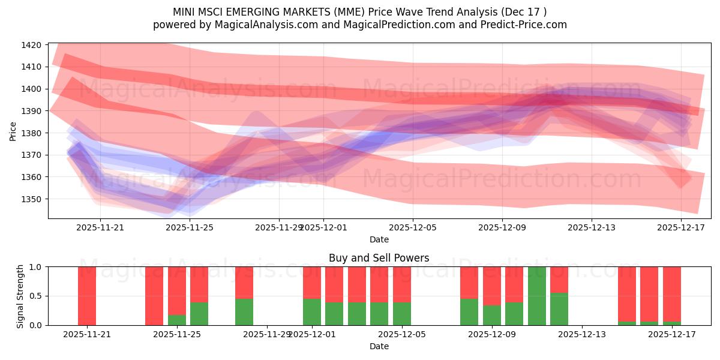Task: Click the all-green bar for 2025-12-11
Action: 537,296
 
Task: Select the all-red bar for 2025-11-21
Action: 87,296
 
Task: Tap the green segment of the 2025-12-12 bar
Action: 559,309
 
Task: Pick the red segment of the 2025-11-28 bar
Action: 244,282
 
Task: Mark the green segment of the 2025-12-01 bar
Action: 312,312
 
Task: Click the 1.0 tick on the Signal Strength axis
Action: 35,267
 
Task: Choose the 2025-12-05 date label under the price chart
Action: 413,227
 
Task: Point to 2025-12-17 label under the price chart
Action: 681,227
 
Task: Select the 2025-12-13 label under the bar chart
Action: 582,334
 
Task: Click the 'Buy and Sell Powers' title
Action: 379,258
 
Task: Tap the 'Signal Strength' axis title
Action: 20,296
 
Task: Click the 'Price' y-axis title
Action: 13,131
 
